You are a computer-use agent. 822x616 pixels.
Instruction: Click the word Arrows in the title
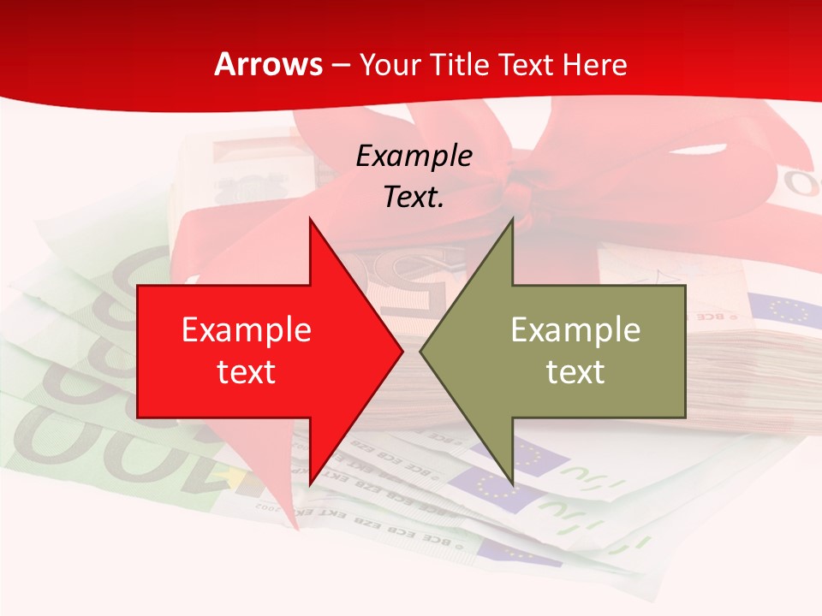pos(268,64)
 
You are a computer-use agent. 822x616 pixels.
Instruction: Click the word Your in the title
pos(388,64)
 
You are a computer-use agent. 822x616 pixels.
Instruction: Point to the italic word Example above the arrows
pos(414,156)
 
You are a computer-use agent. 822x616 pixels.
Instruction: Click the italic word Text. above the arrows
pos(414,197)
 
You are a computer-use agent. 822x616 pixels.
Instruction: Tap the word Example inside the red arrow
pos(247,330)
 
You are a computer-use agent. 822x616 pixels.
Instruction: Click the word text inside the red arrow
pos(247,371)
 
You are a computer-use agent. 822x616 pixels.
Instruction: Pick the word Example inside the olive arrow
pos(575,330)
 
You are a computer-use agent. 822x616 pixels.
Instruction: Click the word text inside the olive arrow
pos(575,371)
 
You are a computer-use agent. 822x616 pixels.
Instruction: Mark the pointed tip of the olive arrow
pos(421,351)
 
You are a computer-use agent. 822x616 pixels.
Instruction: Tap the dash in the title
pos(341,65)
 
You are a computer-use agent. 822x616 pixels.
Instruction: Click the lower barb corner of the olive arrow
pos(512,483)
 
